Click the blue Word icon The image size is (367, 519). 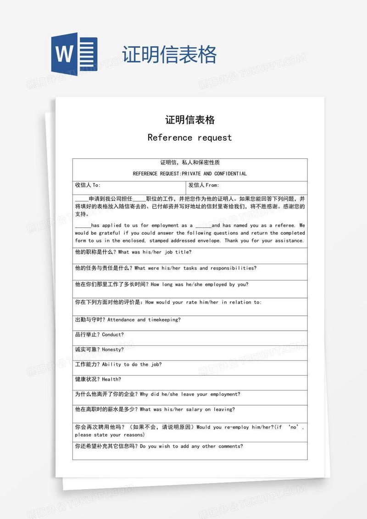coord(74,55)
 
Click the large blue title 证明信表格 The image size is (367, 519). coord(169,55)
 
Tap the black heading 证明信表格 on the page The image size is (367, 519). coord(190,120)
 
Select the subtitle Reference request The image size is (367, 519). coord(189,137)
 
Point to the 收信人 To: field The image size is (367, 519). coord(88,185)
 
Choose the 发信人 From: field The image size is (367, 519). coord(204,185)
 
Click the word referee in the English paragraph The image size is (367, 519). coord(284,226)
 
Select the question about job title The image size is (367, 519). coord(133,252)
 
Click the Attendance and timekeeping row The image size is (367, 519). coord(128,320)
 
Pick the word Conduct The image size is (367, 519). coord(111,334)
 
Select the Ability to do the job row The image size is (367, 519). coord(118,365)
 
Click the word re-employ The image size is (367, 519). coord(237,427)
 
